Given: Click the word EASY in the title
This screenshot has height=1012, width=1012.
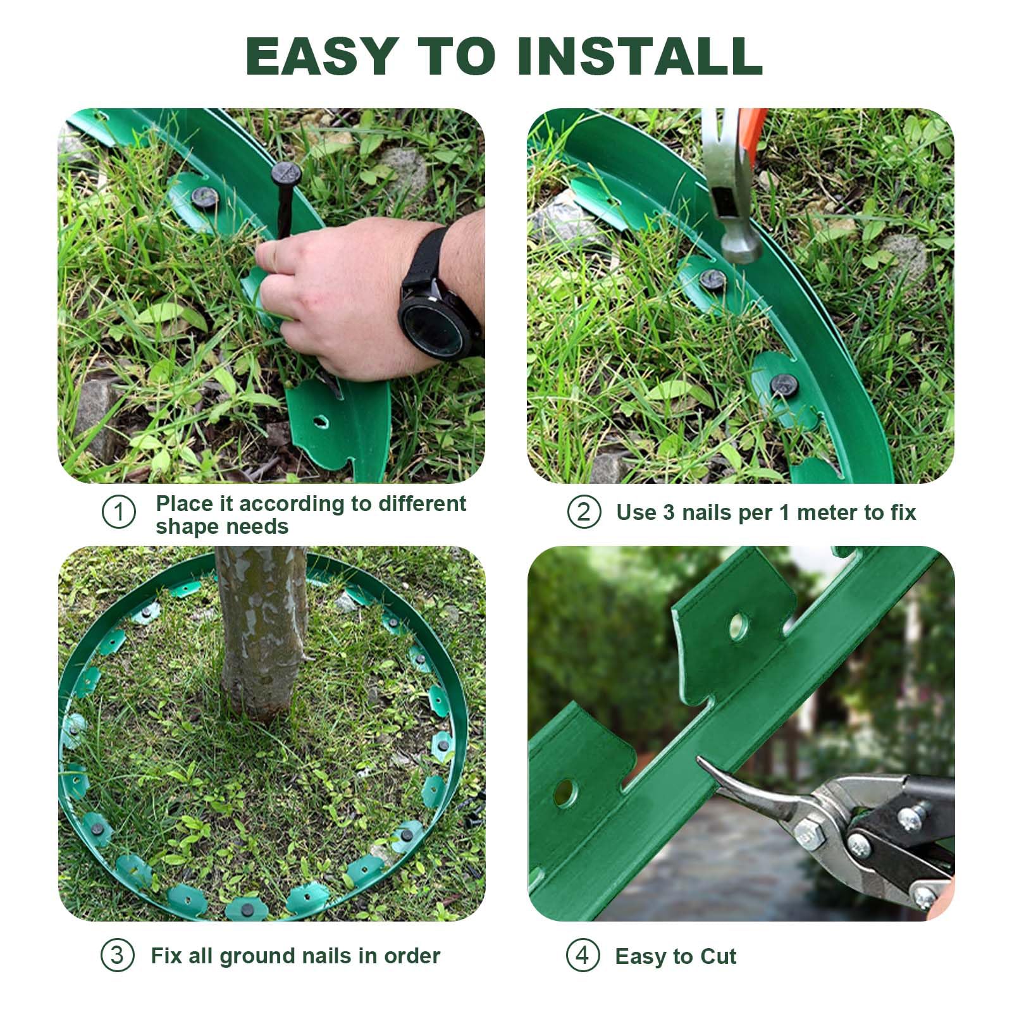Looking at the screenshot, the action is coord(322,56).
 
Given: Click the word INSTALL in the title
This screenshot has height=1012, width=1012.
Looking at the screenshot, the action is coord(639,56).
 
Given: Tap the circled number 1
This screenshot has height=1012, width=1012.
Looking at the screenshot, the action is coord(119,512).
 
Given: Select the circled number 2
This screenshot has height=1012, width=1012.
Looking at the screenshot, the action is coord(583,512).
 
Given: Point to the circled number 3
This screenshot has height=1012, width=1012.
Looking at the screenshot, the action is coord(118,955).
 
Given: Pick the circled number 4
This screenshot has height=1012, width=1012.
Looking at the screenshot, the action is coord(583,955).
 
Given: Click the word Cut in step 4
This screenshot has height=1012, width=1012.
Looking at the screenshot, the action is coord(718,956).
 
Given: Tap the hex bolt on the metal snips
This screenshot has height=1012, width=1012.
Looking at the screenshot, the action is coord(808,836).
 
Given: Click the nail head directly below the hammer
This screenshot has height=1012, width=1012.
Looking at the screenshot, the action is coord(713,278).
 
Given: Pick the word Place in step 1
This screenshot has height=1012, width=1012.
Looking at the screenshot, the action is coord(184,504).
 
